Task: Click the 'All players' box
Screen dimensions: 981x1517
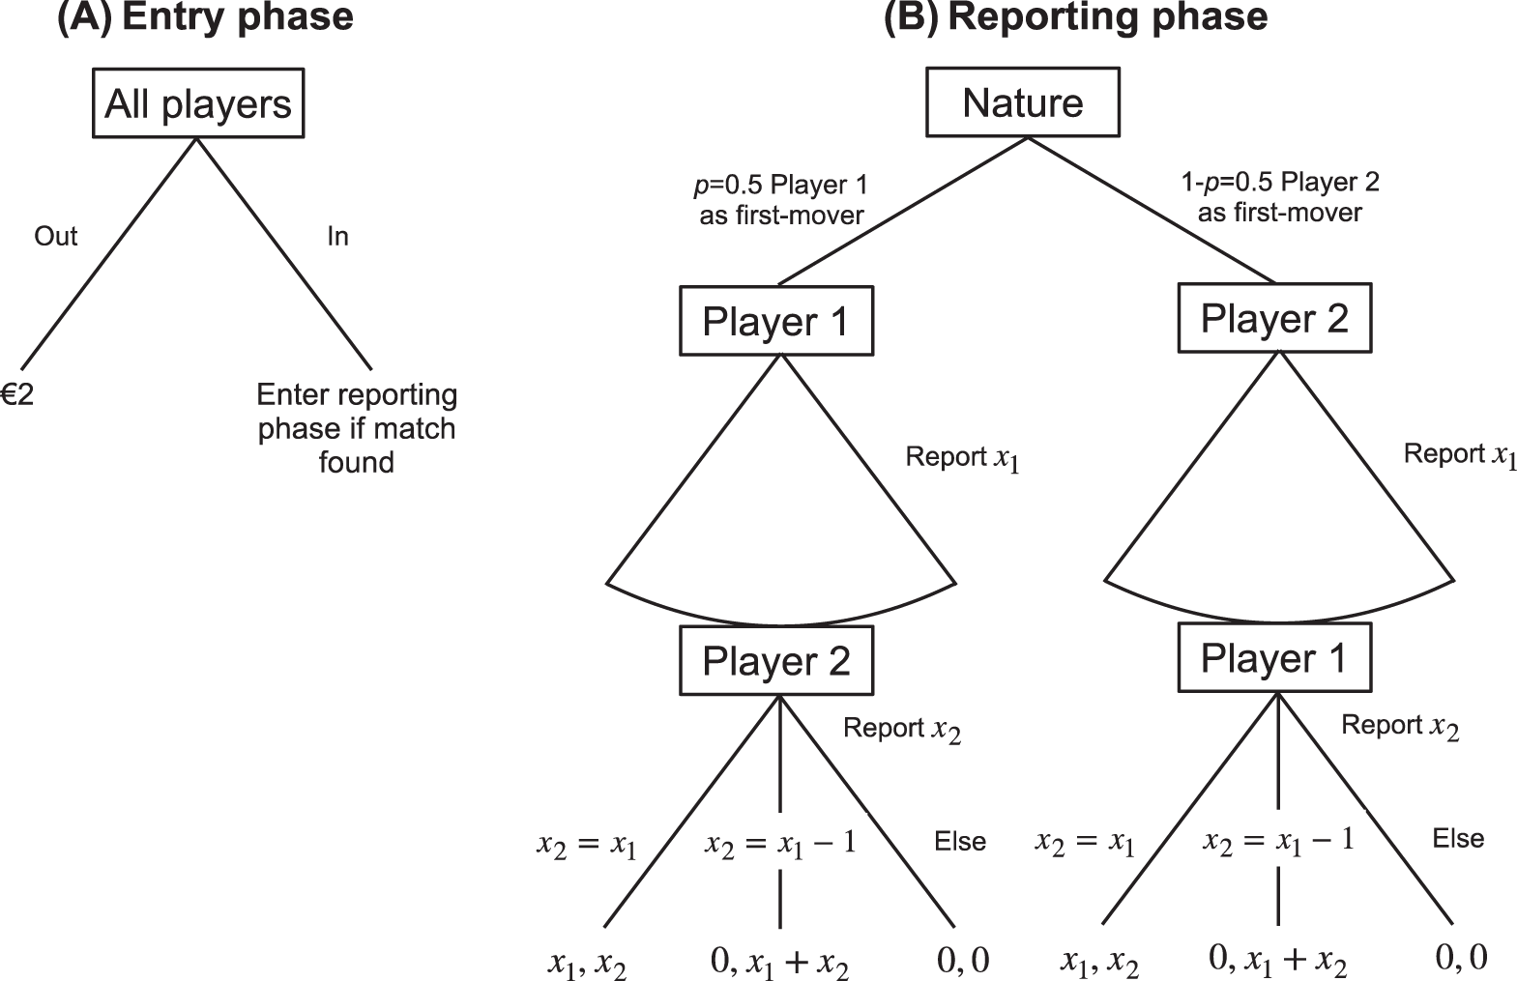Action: click(x=197, y=103)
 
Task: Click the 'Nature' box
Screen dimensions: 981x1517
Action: click(x=1023, y=102)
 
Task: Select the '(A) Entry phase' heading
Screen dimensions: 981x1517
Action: click(x=205, y=18)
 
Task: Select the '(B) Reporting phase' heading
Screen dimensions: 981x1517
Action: click(x=1075, y=18)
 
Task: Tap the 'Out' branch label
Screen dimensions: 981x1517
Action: click(x=56, y=237)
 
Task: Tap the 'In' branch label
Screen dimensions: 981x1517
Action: click(x=337, y=237)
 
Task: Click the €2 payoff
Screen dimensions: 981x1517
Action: click(x=17, y=394)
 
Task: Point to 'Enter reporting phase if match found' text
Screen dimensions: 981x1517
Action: click(x=357, y=428)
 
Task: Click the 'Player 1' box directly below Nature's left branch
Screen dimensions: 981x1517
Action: click(x=775, y=321)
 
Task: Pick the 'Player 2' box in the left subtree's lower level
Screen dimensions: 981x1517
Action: click(x=775, y=661)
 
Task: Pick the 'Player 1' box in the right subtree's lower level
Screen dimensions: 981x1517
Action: click(x=1274, y=658)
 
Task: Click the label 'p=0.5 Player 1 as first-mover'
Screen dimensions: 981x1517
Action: click(x=781, y=199)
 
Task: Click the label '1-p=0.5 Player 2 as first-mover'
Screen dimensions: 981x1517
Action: click(x=1280, y=196)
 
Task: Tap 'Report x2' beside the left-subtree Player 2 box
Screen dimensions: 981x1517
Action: click(x=902, y=729)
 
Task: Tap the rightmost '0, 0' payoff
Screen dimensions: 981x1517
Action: click(x=1461, y=957)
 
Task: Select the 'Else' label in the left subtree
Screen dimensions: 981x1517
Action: click(x=959, y=842)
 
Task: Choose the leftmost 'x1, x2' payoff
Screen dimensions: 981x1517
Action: click(x=587, y=964)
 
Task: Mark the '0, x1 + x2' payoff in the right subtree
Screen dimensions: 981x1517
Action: click(x=1278, y=959)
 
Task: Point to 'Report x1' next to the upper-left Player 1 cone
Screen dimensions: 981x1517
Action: click(x=962, y=457)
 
